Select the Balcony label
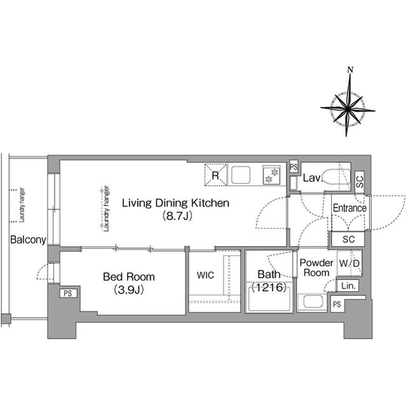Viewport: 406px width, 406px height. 27,240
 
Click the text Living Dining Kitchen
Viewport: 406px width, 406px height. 175,203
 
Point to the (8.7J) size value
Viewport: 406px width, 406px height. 175,216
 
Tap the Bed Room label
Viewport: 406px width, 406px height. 129,277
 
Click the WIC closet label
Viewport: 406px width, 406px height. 205,276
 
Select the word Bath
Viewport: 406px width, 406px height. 267,275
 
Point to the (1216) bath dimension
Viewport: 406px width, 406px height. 267,287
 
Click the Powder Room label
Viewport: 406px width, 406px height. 316,268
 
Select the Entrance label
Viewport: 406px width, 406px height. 349,208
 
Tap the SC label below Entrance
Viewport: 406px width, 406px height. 348,240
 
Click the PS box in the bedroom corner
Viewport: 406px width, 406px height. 67,294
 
